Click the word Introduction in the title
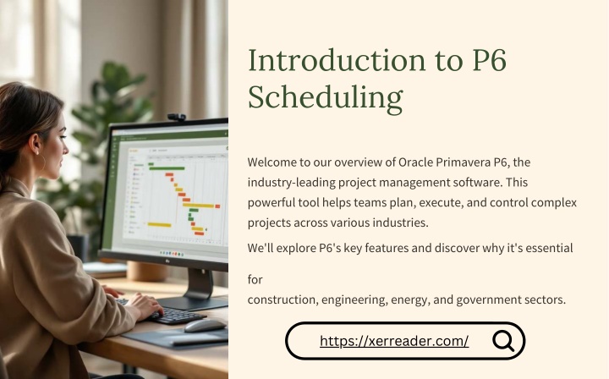coord(337,60)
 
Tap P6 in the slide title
coord(490,61)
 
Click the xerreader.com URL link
coord(394,341)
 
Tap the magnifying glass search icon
coord(503,341)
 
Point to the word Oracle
coord(416,162)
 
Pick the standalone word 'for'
coord(255,279)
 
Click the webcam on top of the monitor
coord(177,117)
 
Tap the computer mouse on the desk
coord(205,326)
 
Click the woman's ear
coord(36,144)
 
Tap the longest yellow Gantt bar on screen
coord(198,206)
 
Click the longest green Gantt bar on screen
coord(167,168)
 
